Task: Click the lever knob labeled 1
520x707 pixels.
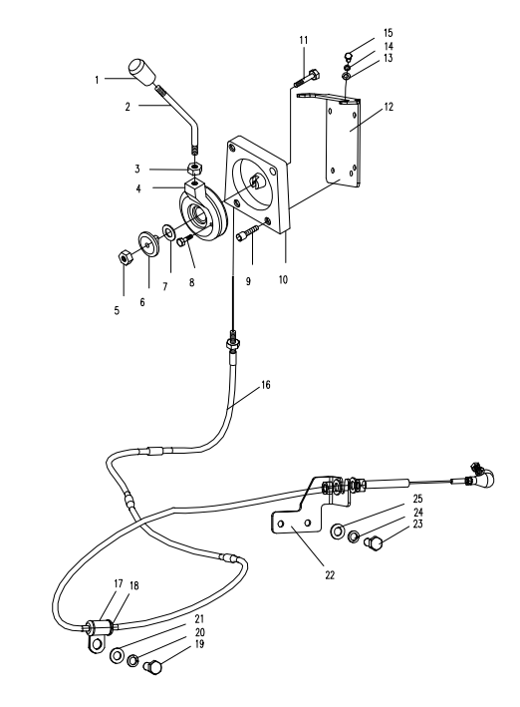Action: point(142,72)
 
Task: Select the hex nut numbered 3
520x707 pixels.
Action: point(194,170)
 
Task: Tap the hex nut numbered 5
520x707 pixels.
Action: point(124,258)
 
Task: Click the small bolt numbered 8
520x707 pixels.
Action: point(185,240)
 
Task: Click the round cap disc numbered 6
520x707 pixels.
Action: point(149,243)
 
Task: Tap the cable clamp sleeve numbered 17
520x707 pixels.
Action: point(100,626)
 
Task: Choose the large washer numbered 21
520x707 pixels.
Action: point(118,655)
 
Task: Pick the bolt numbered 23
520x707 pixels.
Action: point(374,542)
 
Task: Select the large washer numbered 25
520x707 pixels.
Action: point(338,531)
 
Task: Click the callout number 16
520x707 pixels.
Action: point(266,385)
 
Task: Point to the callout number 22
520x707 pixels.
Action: point(330,575)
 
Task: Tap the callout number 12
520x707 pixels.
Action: point(389,107)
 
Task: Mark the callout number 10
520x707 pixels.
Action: point(283,279)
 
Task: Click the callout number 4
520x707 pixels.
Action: point(138,188)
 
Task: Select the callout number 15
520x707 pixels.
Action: point(388,33)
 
